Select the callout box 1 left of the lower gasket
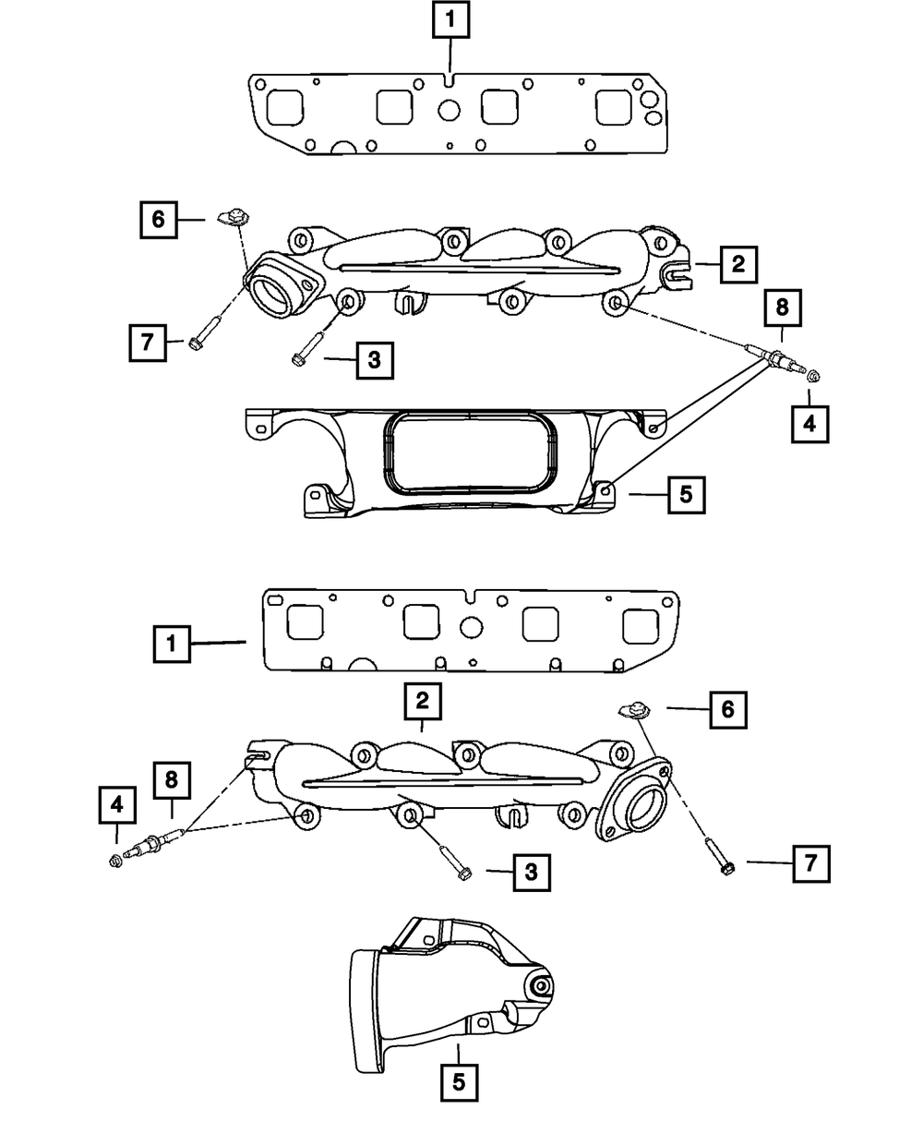coord(172,643)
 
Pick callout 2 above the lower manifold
coord(422,703)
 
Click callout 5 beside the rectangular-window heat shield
coord(684,494)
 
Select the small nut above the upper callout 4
coord(813,375)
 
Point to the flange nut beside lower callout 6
coord(630,709)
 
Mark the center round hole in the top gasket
coord(449,110)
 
